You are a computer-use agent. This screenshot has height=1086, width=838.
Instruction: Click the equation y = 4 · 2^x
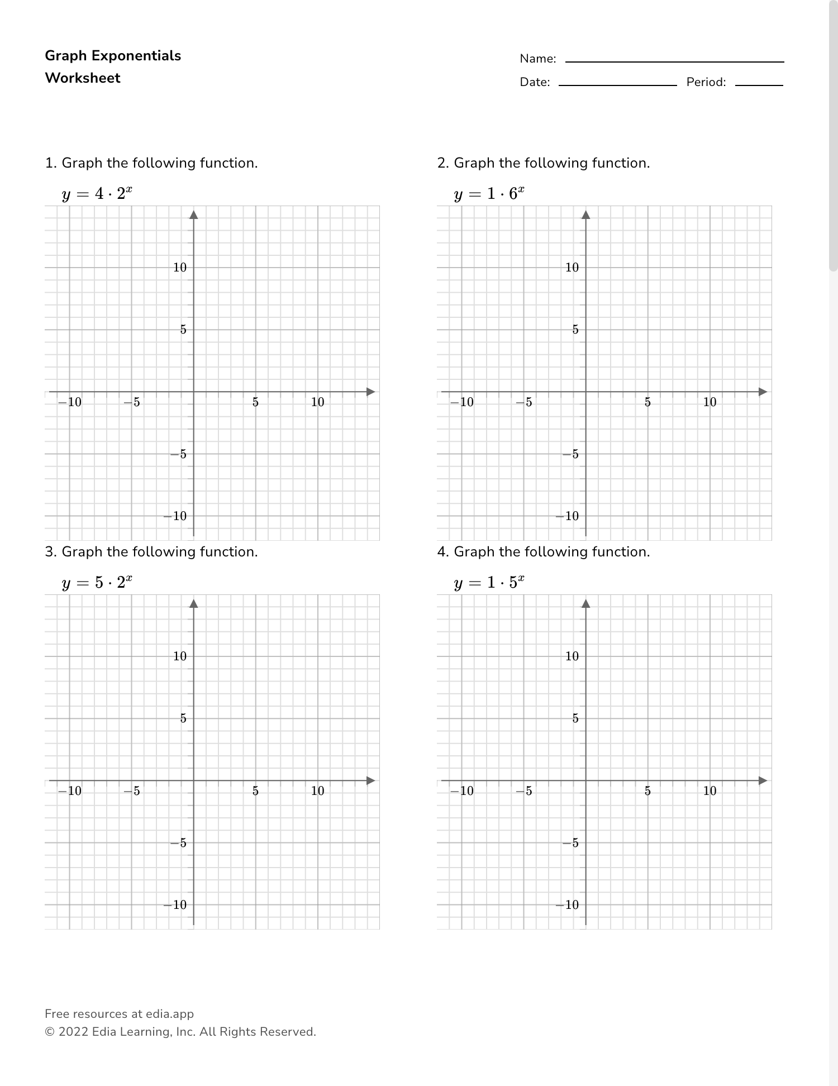click(97, 194)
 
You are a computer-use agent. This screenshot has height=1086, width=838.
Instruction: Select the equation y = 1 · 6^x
click(489, 194)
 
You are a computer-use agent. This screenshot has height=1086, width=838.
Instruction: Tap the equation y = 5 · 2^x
click(97, 583)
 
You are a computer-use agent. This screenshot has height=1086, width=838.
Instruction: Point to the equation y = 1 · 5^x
click(489, 583)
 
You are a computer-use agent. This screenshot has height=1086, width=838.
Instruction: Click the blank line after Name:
click(674, 60)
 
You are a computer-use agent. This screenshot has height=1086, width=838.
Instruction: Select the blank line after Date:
click(617, 84)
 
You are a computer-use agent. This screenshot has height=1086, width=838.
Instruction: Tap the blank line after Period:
click(759, 84)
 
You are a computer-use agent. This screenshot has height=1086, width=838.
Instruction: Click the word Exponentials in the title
click(136, 56)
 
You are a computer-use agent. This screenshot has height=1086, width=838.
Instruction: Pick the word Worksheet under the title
click(83, 78)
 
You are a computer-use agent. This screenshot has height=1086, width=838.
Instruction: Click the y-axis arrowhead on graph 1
click(194, 215)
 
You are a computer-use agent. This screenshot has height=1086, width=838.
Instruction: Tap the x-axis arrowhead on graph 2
click(763, 392)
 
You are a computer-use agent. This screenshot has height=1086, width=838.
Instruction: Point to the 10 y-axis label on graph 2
click(572, 268)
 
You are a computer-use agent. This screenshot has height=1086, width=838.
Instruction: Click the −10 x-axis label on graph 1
click(70, 402)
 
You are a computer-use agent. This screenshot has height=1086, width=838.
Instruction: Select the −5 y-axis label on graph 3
click(179, 843)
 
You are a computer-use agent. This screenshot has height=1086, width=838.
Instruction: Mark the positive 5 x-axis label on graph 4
click(647, 791)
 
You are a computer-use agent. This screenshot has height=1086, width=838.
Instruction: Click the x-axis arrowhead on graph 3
click(370, 781)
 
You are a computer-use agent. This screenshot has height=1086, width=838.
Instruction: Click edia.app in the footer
click(170, 1014)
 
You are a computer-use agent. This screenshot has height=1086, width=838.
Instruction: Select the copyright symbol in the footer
click(49, 1032)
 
